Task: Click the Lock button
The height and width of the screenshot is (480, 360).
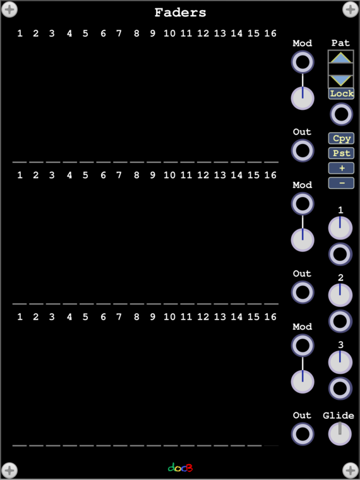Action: (341, 93)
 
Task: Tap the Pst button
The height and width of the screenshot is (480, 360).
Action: (341, 153)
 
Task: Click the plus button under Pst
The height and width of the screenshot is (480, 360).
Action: (341, 168)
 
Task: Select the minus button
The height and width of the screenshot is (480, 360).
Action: (341, 183)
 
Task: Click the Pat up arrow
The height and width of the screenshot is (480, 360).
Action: (340, 57)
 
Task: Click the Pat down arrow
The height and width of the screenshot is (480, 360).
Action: (340, 81)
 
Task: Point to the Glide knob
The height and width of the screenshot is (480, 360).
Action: (340, 434)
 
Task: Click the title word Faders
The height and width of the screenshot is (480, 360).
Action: (180, 13)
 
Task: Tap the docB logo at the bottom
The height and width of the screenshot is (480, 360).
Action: (180, 467)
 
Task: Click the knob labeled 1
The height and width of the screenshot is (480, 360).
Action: (340, 228)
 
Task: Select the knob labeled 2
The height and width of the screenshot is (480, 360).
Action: (340, 295)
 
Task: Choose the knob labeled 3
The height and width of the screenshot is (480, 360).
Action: (340, 362)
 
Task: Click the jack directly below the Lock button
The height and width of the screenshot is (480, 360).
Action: (341, 114)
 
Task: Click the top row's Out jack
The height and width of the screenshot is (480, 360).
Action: (303, 150)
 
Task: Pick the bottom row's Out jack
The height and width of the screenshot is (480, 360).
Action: (303, 434)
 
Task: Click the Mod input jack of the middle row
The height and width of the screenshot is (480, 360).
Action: (303, 204)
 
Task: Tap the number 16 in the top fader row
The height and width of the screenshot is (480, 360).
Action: (270, 33)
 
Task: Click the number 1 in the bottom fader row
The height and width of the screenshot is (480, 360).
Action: (20, 317)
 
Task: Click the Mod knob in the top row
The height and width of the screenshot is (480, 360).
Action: (303, 99)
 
